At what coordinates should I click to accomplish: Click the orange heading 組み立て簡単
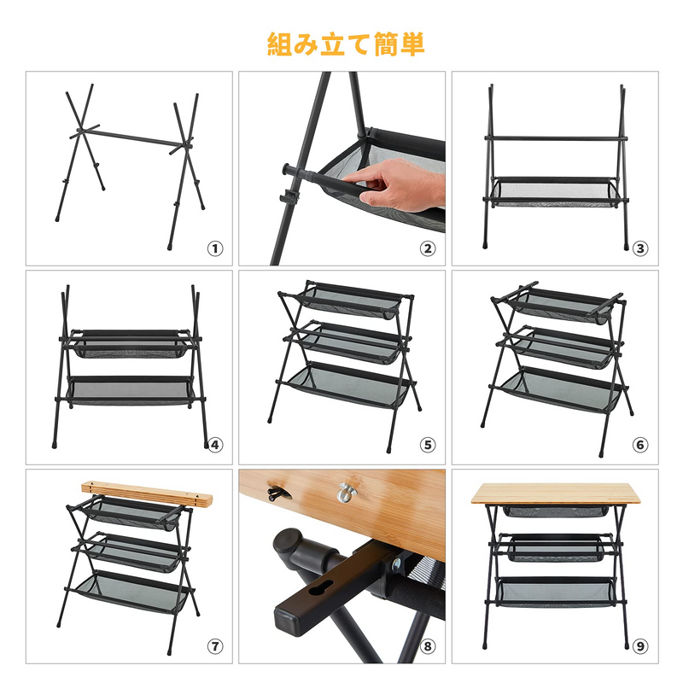pyautogui.click(x=346, y=44)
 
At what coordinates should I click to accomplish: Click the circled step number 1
pyautogui.click(x=215, y=249)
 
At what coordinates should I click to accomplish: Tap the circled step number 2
pyautogui.click(x=428, y=249)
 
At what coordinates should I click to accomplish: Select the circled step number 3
pyautogui.click(x=641, y=249)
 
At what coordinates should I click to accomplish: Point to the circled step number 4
pyautogui.click(x=215, y=444)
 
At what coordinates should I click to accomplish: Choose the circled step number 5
pyautogui.click(x=428, y=444)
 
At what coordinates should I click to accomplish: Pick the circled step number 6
pyautogui.click(x=641, y=444)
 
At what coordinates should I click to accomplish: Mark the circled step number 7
pyautogui.click(x=215, y=646)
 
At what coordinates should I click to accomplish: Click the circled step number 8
pyautogui.click(x=428, y=646)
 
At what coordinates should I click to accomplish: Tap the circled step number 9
pyautogui.click(x=641, y=646)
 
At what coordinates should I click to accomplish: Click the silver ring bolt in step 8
pyautogui.click(x=346, y=492)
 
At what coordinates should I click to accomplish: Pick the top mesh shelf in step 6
pyautogui.click(x=559, y=301)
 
